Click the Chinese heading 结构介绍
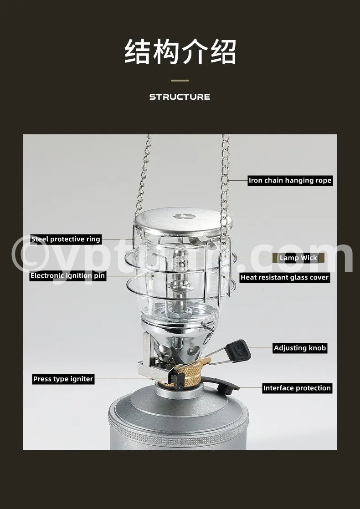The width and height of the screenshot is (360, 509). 180,51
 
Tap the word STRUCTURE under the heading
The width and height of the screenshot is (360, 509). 180,97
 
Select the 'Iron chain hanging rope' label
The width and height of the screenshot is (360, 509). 290,180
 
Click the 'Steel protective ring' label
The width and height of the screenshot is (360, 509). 66,239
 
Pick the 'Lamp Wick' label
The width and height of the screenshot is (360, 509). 298,258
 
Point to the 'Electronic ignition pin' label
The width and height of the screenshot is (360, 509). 68,276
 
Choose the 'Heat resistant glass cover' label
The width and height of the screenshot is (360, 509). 285,278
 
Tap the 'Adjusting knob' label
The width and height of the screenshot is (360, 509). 299,348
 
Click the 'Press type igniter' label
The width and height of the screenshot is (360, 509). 63,379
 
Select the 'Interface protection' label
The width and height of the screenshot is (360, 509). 297,388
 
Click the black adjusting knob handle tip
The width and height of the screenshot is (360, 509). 238,350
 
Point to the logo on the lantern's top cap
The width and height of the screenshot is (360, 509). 184,216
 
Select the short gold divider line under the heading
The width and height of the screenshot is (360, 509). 180,81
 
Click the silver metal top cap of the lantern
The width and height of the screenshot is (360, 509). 183,219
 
